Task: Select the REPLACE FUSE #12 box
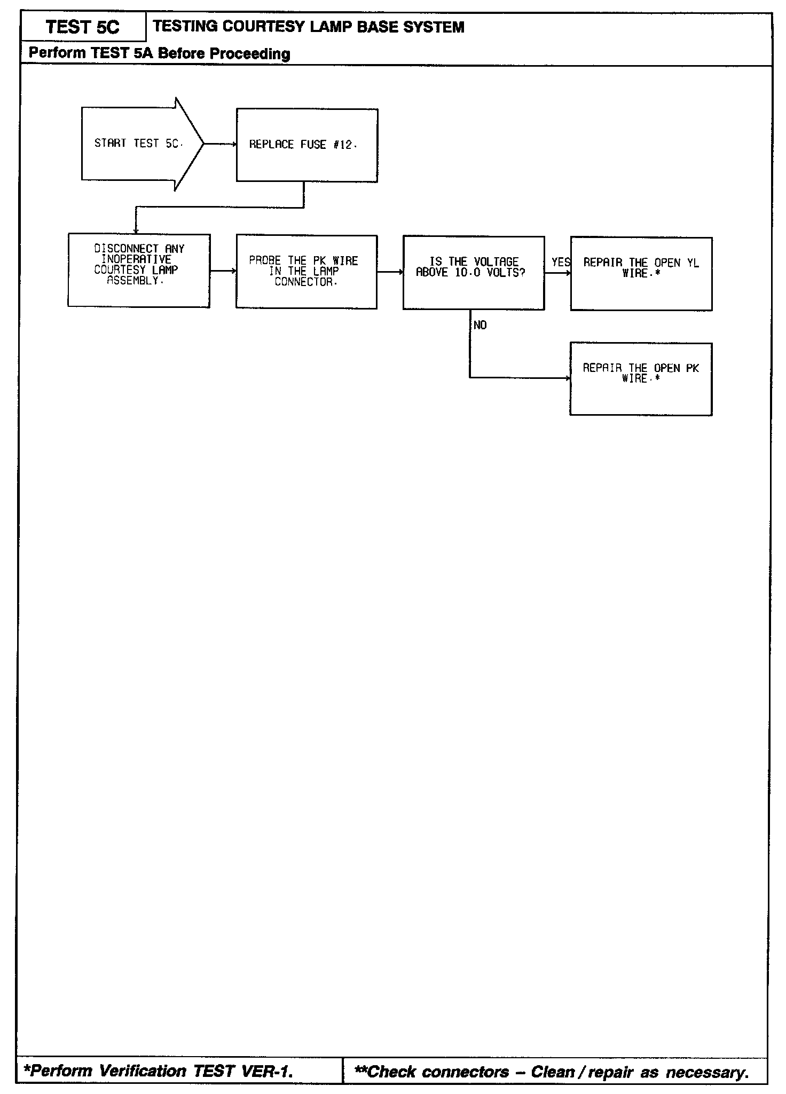pos(307,145)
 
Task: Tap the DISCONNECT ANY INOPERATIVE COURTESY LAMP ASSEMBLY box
pos(139,271)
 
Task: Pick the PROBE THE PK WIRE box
pos(306,272)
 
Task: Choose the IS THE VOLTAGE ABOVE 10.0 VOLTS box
pos(474,272)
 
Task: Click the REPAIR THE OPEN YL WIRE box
pos(641,274)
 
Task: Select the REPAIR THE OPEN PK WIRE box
pos(641,379)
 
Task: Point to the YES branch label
pos(561,262)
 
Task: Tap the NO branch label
pos(480,326)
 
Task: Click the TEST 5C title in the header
pos(83,27)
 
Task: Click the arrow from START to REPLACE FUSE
pos(220,144)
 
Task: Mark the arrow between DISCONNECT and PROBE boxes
pos(223,271)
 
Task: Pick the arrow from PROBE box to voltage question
pos(390,272)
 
